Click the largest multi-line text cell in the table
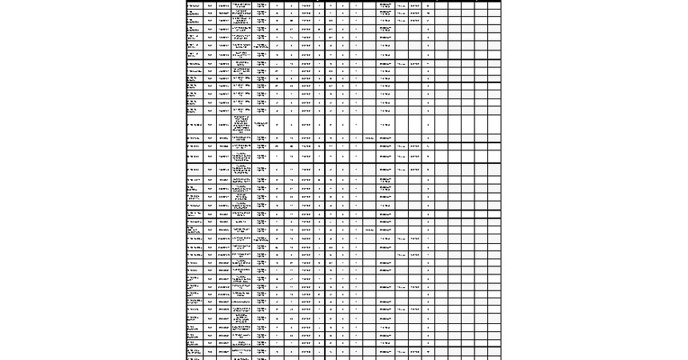coord(242,125)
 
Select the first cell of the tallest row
coord(194,125)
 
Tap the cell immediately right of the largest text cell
coord(261,125)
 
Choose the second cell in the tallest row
coord(210,125)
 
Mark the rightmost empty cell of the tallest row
coord(494,125)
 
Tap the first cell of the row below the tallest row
coord(194,139)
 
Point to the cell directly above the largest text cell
coord(242,110)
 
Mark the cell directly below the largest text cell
coord(242,139)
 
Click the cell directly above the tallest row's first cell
coord(194,110)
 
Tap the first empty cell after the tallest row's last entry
coord(444,125)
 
